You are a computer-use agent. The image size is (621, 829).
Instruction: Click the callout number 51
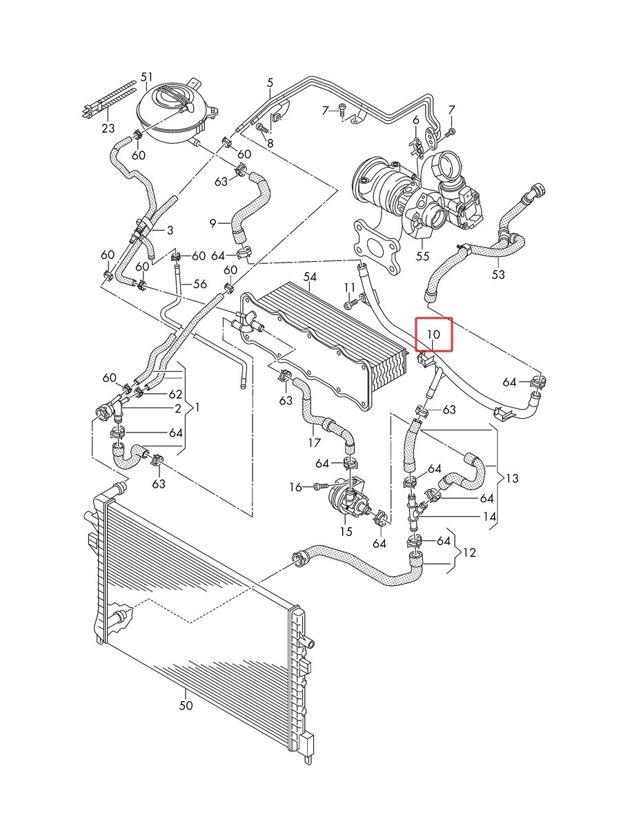pyautogui.click(x=146, y=77)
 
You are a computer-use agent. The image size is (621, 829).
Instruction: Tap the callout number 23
pyautogui.click(x=108, y=128)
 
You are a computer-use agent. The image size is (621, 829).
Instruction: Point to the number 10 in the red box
pyautogui.click(x=433, y=334)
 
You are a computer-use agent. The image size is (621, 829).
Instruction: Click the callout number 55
pyautogui.click(x=422, y=256)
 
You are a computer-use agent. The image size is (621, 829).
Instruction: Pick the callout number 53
pyautogui.click(x=498, y=274)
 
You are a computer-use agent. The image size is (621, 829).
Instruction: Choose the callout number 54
pyautogui.click(x=310, y=277)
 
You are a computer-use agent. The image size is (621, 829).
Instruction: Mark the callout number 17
pyautogui.click(x=314, y=442)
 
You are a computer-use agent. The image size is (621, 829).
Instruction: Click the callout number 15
pyautogui.click(x=346, y=531)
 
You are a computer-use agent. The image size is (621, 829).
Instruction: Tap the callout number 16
pyautogui.click(x=295, y=487)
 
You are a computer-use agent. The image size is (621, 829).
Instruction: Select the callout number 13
pyautogui.click(x=512, y=479)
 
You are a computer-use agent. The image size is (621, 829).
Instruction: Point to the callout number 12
pyautogui.click(x=469, y=553)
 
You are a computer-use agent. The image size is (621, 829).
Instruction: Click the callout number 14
pyautogui.click(x=489, y=516)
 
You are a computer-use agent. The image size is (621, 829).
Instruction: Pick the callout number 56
pyautogui.click(x=200, y=284)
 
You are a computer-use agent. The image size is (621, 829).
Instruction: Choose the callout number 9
pyautogui.click(x=213, y=224)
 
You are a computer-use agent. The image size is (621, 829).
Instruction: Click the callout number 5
pyautogui.click(x=270, y=82)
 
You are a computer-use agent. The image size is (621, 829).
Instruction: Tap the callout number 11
pyautogui.click(x=350, y=287)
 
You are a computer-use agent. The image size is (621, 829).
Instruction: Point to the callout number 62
pyautogui.click(x=176, y=394)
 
